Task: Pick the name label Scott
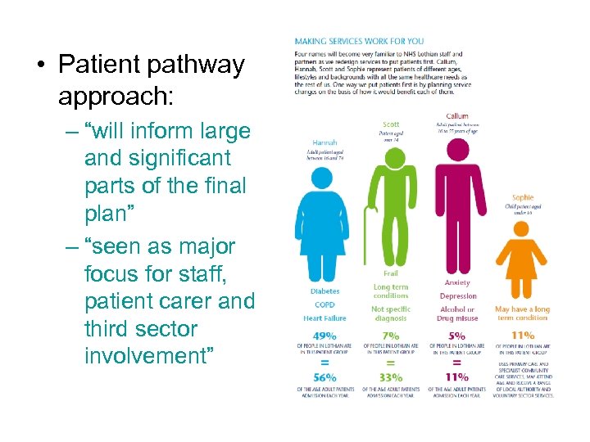pos(391,124)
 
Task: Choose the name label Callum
pos(457,116)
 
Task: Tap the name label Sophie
pos(522,197)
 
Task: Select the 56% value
pos(324,377)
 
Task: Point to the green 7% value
pos(391,336)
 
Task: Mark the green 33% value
pos(391,377)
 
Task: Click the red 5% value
pos(456,336)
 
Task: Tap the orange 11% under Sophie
pos(522,336)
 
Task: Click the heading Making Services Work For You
pos(359,40)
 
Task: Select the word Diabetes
pos(324,291)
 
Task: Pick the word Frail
pos(391,273)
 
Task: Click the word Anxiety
pos(457,283)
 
